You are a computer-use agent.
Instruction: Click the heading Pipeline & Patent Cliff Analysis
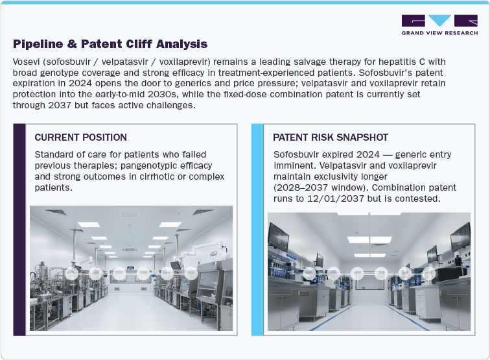pyautogui.click(x=110, y=44)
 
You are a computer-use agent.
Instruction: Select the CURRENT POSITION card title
pyautogui.click(x=80, y=138)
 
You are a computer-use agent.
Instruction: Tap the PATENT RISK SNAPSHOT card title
pyautogui.click(x=331, y=138)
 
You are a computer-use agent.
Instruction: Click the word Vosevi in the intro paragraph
pyautogui.click(x=28, y=61)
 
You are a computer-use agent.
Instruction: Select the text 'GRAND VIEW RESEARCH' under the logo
pyautogui.click(x=439, y=32)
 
